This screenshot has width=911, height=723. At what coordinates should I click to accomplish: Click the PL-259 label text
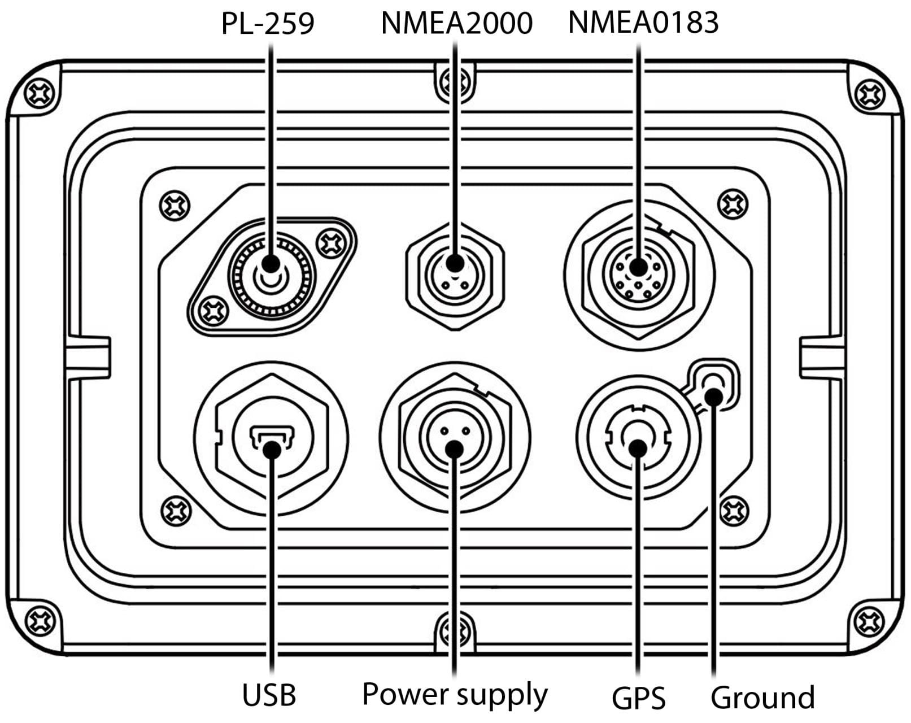tap(267, 24)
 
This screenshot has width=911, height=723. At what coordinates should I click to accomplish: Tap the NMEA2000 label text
tap(456, 24)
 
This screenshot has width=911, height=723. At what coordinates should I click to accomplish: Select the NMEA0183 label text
tap(643, 23)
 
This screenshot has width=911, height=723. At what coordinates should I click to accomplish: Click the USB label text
tap(269, 694)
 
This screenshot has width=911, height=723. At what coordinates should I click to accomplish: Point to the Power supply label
tap(455, 694)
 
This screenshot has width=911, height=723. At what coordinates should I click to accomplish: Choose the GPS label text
tap(638, 698)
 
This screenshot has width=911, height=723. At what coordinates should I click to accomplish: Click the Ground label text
tap(762, 698)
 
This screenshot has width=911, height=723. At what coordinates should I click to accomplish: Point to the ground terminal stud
tap(714, 381)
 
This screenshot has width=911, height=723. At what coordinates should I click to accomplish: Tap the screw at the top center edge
tap(455, 82)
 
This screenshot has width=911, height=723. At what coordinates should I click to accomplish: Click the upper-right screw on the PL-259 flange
tap(330, 243)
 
